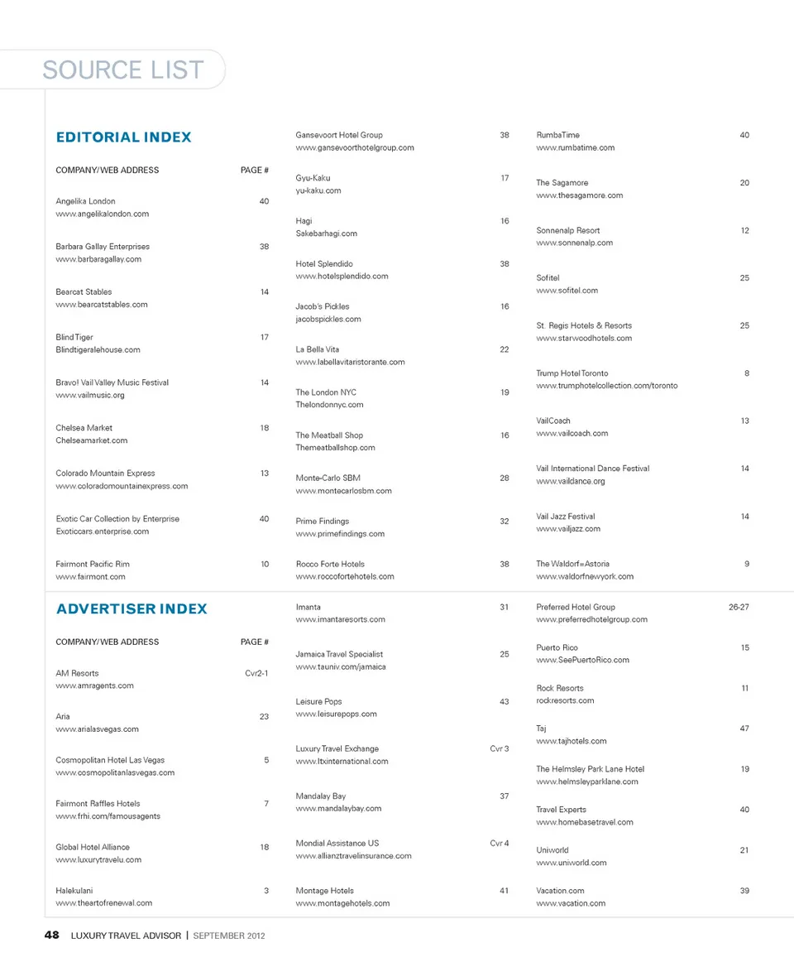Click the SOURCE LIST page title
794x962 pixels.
[123, 70]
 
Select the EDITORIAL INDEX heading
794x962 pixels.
[123, 137]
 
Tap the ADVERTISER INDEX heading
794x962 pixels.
[132, 609]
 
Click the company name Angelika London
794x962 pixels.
[85, 201]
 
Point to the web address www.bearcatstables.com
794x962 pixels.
[102, 305]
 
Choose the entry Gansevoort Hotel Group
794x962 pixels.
[339, 135]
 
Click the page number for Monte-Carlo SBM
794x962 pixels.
[505, 479]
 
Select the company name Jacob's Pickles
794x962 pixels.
[323, 306]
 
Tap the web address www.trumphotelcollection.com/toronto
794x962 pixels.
[606, 386]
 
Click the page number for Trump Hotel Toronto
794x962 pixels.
[746, 373]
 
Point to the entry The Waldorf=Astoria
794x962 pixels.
[572, 564]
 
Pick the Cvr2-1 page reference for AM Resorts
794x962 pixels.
[256, 673]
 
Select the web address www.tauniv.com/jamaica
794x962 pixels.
[341, 666]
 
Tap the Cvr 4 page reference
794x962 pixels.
[500, 844]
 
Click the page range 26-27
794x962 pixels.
[739, 607]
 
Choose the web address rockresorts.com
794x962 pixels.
[565, 700]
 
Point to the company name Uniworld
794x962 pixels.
[552, 850]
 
